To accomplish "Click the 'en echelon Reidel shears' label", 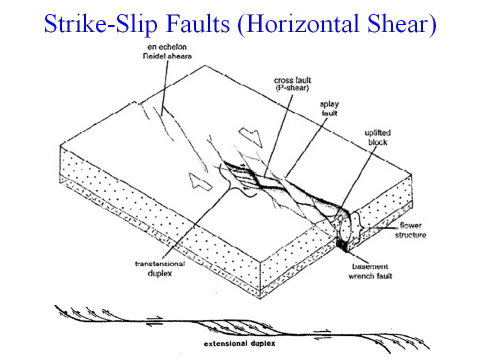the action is click(167, 51).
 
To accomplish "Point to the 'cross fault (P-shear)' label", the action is click(292, 84).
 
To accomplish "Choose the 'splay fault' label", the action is click(329, 108).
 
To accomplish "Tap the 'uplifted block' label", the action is click(377, 137).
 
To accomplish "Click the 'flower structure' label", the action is click(410, 230).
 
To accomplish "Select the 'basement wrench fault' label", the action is click(370, 271).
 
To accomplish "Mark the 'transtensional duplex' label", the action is click(160, 268).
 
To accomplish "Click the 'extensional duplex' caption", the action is click(239, 343).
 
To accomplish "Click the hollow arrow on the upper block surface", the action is click(251, 137).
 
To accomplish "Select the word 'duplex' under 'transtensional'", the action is click(160, 273).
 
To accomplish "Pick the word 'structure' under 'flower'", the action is click(410, 235).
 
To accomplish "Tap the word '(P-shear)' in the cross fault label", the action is click(292, 88).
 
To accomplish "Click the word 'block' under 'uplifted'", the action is click(378, 142).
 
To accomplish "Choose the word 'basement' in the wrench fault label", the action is click(370, 266).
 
